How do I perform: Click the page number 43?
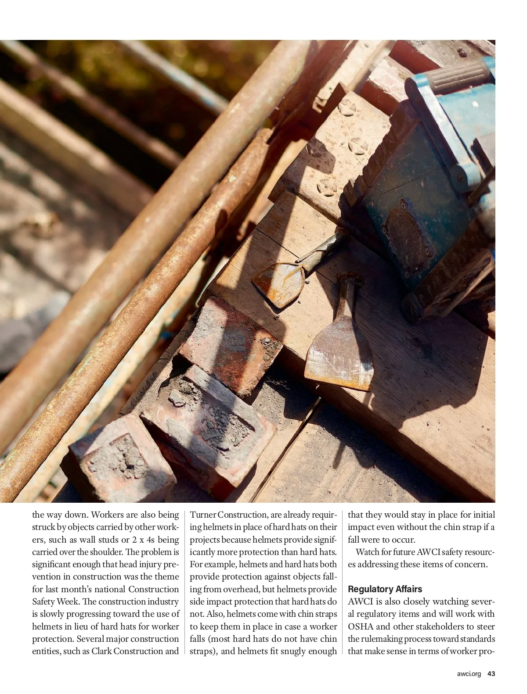coord(491,673)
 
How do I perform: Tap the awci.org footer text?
coord(469,673)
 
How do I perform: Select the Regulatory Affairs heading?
coord(385,589)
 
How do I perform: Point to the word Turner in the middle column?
coord(203,515)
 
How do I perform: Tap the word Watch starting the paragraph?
coord(368,552)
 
